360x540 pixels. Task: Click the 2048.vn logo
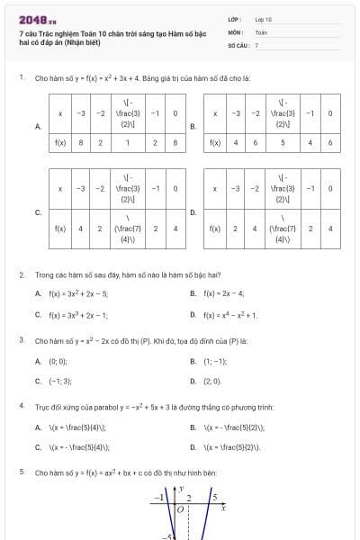(x=37, y=19)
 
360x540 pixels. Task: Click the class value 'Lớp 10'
(x=263, y=19)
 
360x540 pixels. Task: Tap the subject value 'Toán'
(x=261, y=31)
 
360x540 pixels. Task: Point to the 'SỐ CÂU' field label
(x=237, y=44)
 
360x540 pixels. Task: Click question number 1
(x=21, y=77)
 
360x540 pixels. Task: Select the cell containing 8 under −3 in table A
(x=81, y=142)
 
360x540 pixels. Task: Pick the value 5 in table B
(x=283, y=142)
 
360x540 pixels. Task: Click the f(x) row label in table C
(x=60, y=229)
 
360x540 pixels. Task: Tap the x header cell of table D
(x=215, y=188)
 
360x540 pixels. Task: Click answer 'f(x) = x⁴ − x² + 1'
(x=230, y=315)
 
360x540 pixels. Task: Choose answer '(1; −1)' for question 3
(x=214, y=360)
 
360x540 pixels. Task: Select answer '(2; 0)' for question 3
(x=212, y=381)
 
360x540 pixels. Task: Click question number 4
(x=21, y=406)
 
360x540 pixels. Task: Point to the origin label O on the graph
(x=180, y=509)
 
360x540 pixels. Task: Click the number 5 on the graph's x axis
(x=214, y=496)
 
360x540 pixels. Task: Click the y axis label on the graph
(x=182, y=489)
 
